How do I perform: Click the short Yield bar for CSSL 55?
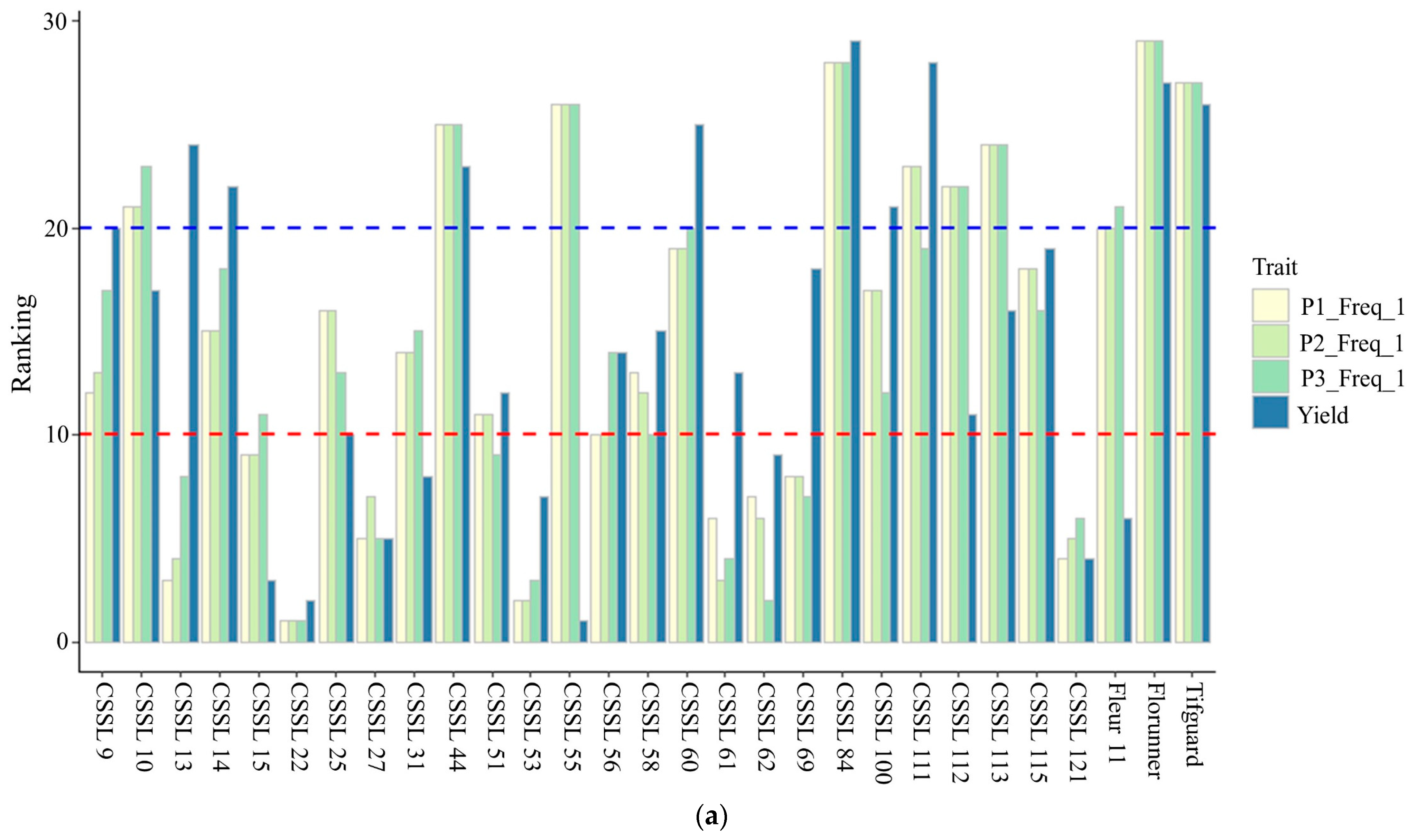(583, 631)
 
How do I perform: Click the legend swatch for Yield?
(1270, 412)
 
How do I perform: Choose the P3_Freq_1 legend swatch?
(1270, 377)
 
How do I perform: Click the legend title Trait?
(1275, 267)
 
